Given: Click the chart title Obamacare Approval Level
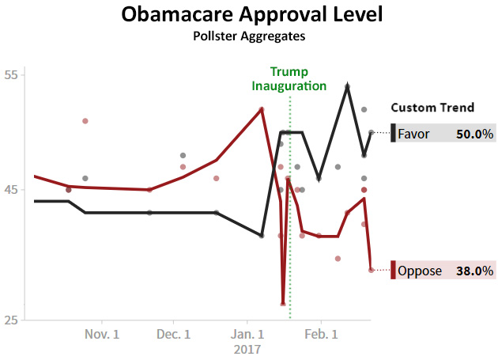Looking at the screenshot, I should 249,14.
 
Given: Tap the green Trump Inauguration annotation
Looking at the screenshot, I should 289,78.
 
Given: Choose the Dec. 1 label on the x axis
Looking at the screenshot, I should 174,335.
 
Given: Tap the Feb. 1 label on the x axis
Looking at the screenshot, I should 321,335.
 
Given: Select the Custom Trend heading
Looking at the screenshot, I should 432,108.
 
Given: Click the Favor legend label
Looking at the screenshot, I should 413,134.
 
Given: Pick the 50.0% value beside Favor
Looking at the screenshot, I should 474,134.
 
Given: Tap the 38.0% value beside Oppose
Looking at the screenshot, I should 475,271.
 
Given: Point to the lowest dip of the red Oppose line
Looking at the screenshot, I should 283,304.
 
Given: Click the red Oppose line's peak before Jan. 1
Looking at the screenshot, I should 262,108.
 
